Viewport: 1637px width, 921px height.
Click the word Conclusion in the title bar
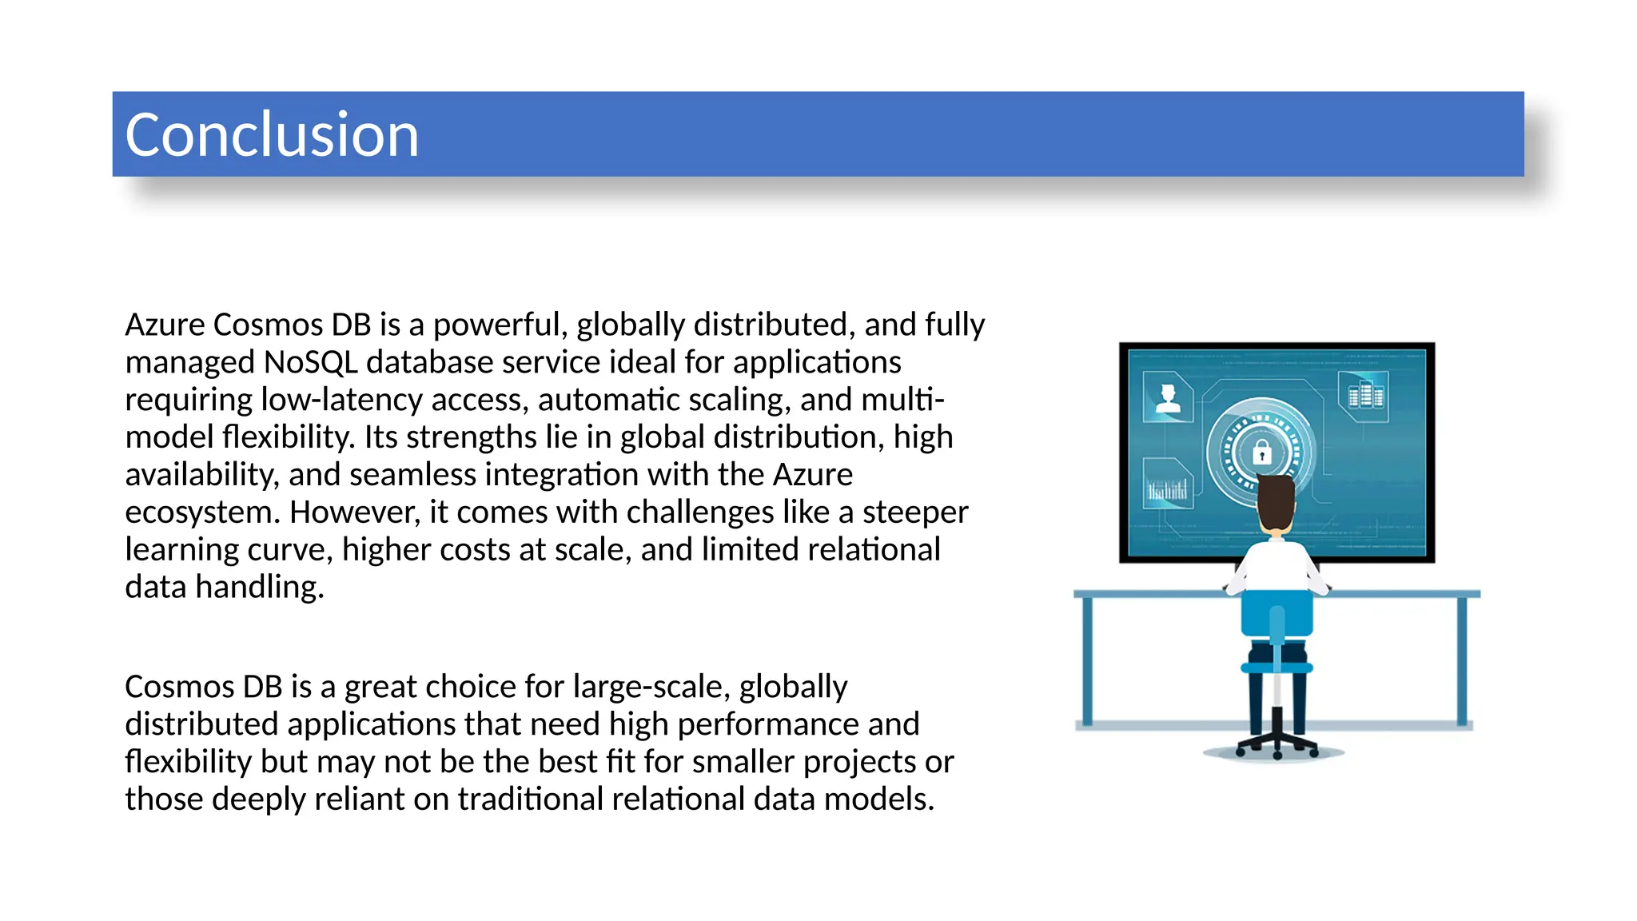(272, 135)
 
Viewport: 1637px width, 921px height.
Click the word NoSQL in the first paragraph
(310, 363)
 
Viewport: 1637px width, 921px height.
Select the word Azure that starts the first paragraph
(165, 325)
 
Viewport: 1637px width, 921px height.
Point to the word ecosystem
(202, 513)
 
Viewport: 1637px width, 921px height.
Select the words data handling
(225, 588)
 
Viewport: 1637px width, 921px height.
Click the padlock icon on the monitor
(1261, 453)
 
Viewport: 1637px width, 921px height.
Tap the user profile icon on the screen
(1168, 397)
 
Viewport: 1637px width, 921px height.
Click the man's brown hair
(1276, 500)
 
